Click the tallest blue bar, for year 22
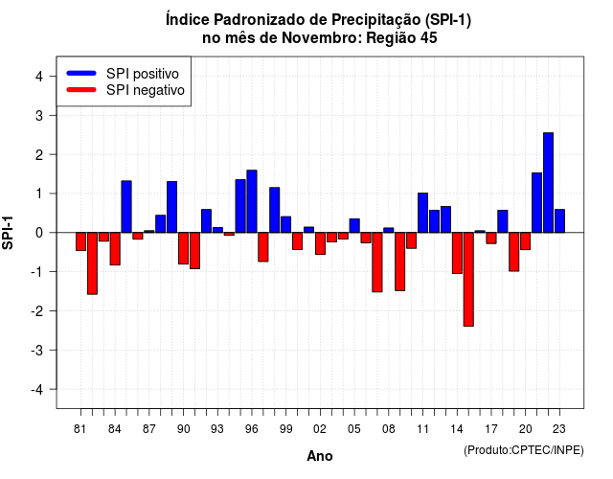tap(548, 183)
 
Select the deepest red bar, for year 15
tap(468, 279)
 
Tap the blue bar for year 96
tap(252, 201)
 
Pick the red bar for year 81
tap(80, 241)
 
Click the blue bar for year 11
tap(422, 213)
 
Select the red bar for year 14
tap(457, 253)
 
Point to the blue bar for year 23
tap(559, 221)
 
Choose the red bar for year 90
tap(183, 248)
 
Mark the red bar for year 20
tap(526, 241)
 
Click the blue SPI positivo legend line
tap(81, 73)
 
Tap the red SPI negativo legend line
tap(81, 89)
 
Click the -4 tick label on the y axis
tap(37, 390)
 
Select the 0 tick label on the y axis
tap(39, 233)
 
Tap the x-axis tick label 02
tap(320, 429)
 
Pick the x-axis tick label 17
tap(491, 429)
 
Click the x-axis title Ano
tap(320, 456)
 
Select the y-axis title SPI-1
tap(8, 233)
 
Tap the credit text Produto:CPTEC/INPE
tap(524, 450)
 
